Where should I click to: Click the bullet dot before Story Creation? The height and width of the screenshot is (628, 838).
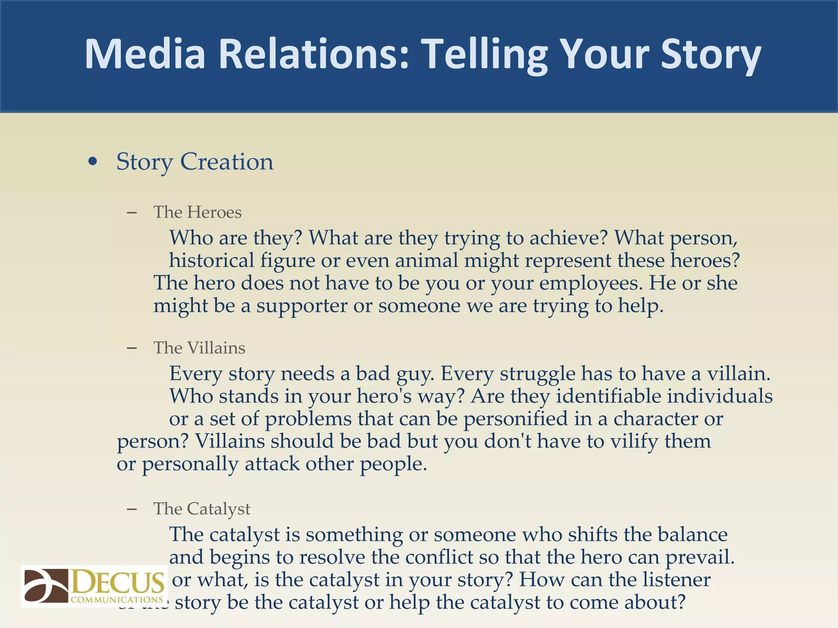tap(93, 161)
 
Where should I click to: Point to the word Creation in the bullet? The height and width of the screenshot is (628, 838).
tap(227, 161)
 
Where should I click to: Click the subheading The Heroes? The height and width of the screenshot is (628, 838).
tap(197, 212)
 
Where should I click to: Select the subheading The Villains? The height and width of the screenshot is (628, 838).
tap(199, 348)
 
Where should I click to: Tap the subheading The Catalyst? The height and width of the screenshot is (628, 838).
tap(202, 509)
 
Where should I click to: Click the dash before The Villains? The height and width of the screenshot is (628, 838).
tap(132, 348)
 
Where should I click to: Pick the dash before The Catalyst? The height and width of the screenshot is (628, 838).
tap(132, 509)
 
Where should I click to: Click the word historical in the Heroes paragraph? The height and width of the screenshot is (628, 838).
tap(212, 260)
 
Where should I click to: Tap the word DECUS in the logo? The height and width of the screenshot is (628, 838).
tap(118, 583)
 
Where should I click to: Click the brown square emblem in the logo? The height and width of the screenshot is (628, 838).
tap(46, 586)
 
